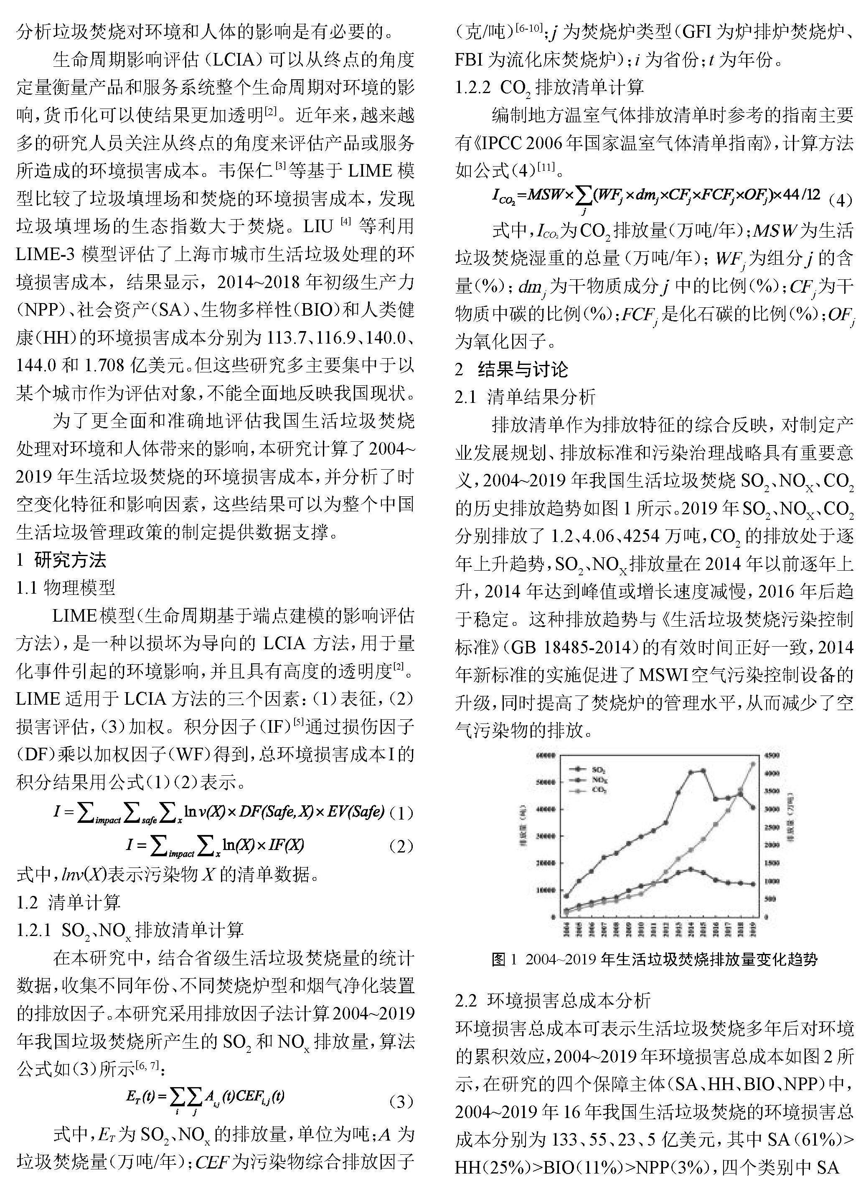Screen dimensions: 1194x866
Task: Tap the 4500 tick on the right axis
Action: point(772,756)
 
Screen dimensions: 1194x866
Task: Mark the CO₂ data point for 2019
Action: point(753,763)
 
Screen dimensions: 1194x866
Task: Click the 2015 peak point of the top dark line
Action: point(703,771)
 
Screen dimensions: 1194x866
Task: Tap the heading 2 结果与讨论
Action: point(511,369)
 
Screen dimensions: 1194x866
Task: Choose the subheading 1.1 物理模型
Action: point(66,587)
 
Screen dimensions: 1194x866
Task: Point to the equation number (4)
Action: point(840,200)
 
